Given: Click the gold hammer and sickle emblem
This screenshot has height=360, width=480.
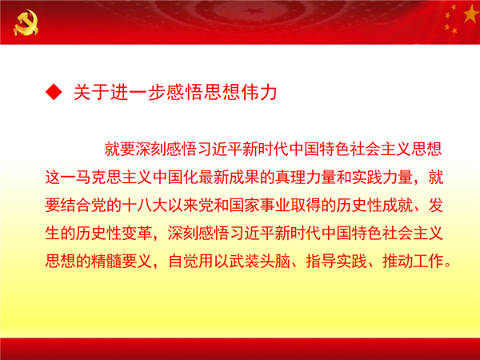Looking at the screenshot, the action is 26,22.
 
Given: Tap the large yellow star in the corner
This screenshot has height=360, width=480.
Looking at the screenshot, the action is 471,14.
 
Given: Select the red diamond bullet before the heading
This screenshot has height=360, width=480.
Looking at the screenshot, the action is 54,91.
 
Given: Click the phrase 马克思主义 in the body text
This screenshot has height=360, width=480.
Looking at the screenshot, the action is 114,178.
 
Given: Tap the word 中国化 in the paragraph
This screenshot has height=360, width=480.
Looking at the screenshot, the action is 175,178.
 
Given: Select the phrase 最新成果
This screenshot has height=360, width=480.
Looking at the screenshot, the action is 229,178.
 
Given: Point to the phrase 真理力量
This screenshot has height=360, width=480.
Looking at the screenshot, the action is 306,178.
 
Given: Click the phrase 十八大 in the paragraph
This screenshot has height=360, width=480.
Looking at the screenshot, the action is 145,205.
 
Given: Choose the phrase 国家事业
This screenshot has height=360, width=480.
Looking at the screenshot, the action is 259,205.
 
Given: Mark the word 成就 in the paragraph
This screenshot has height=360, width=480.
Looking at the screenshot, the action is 398,205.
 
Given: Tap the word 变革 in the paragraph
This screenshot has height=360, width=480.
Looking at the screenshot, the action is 137,234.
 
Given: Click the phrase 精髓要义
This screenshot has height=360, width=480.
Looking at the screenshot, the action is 122,261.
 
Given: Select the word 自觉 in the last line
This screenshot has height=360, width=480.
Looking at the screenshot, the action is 183,261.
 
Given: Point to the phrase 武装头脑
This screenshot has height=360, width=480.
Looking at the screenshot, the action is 259,261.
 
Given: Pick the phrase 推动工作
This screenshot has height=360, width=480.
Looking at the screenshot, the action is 413,261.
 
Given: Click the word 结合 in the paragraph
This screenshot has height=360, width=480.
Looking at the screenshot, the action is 76,205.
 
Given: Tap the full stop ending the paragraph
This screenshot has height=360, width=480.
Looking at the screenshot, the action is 448,265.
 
